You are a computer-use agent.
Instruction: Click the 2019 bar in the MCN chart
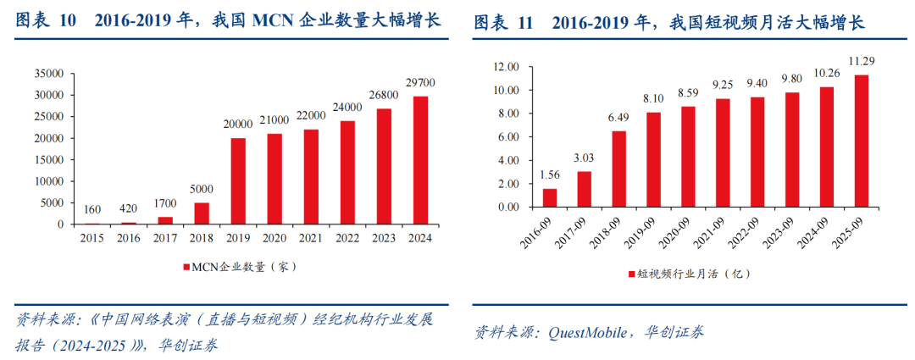[x=238, y=181]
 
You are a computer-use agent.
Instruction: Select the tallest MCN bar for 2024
[x=419, y=160]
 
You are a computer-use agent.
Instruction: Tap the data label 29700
[x=420, y=83]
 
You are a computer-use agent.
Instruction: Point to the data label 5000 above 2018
[x=202, y=190]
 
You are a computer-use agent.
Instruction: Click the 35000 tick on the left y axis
[x=47, y=73]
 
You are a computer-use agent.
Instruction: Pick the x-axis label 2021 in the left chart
[x=310, y=238]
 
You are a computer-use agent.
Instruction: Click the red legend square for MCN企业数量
[x=186, y=267]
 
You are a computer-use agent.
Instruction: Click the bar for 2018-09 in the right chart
[x=619, y=169]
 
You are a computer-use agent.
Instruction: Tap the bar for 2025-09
[x=862, y=141]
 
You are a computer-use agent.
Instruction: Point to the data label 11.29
[x=862, y=61]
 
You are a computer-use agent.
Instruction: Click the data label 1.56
[x=550, y=174]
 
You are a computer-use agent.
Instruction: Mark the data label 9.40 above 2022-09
[x=758, y=83]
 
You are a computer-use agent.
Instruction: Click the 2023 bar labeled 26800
[x=384, y=166]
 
